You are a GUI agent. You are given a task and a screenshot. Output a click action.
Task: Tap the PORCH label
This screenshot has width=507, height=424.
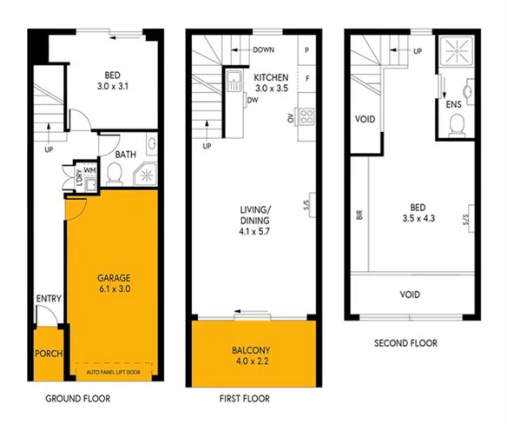pyautogui.click(x=47, y=355)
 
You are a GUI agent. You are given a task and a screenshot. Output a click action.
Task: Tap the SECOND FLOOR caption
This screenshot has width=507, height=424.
pyautogui.click(x=405, y=344)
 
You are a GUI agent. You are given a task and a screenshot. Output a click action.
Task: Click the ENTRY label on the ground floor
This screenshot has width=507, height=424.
pyautogui.click(x=48, y=299)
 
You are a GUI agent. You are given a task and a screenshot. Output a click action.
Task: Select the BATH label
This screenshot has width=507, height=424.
pyautogui.click(x=125, y=155)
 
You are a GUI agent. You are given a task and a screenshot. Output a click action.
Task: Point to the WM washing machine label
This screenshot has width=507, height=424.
pyautogui.click(x=89, y=170)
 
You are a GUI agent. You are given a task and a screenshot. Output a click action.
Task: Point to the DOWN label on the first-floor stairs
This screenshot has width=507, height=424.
pyautogui.click(x=265, y=50)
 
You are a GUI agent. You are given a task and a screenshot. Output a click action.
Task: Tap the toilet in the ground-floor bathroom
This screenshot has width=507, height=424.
pyautogui.click(x=113, y=175)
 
